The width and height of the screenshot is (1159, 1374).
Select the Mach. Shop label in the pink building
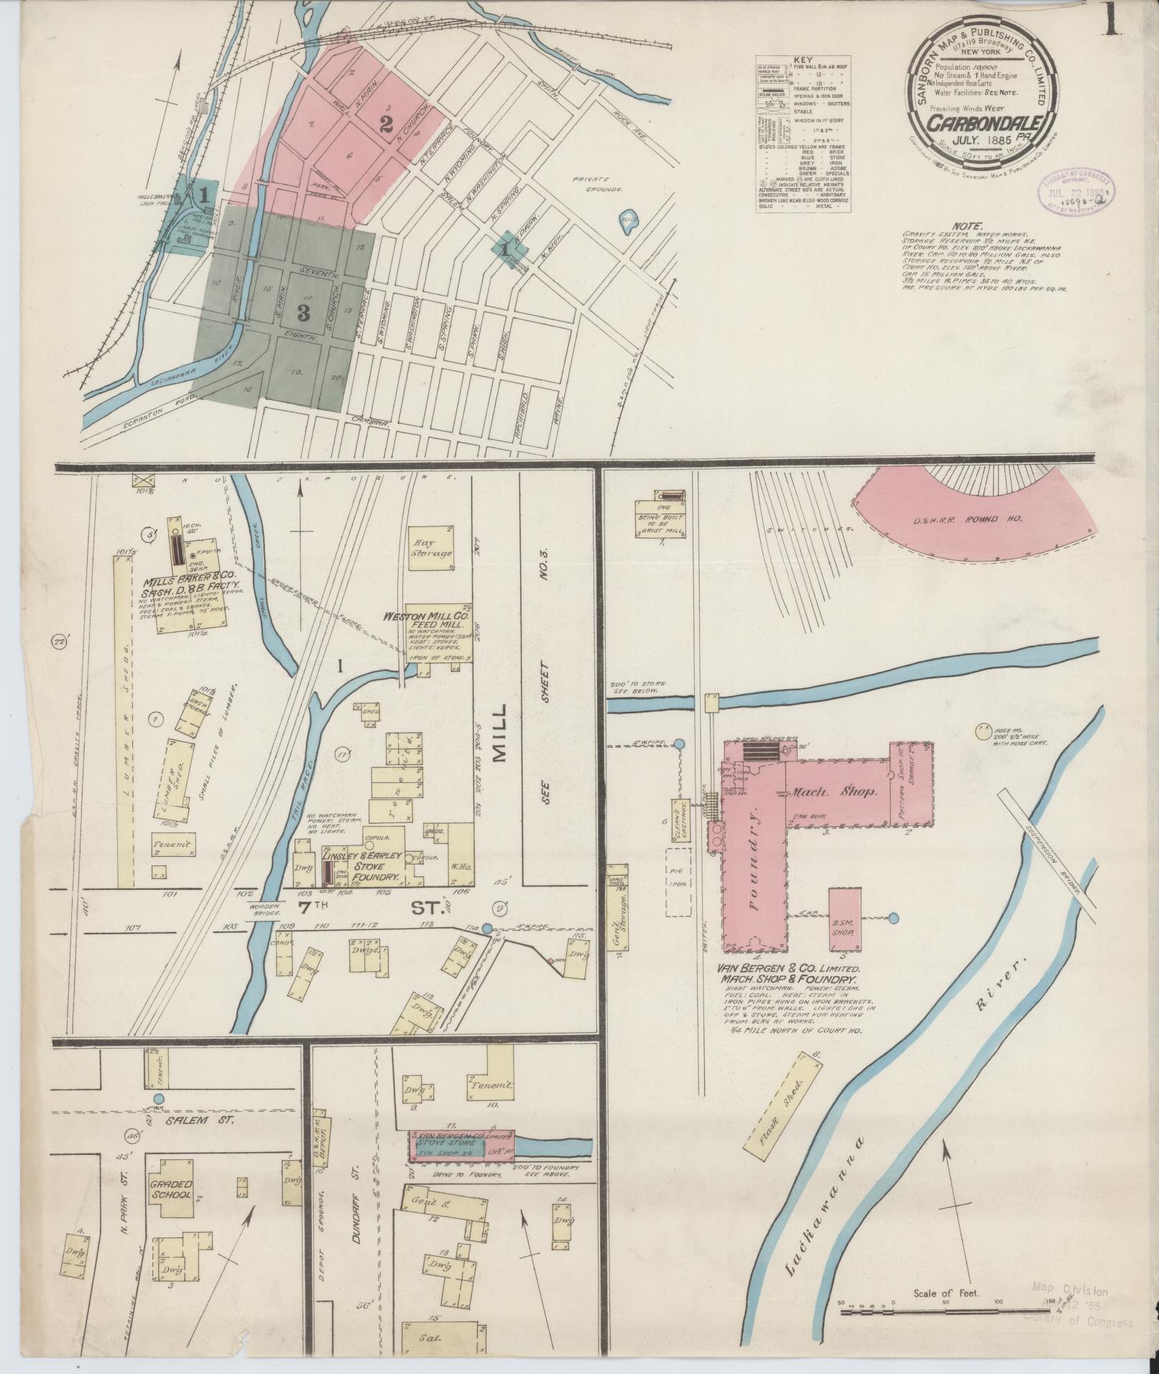click(x=835, y=793)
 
